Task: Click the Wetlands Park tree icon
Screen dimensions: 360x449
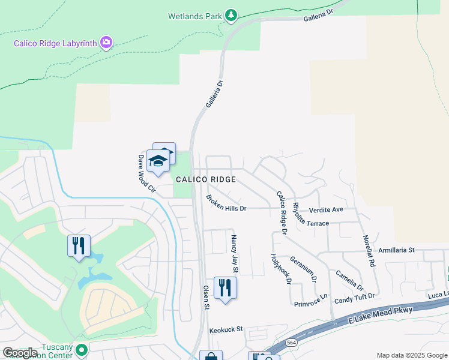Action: tap(231, 15)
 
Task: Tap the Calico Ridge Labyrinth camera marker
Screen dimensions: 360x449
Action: tap(106, 42)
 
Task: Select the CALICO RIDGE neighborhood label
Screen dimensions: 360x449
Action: tap(205, 179)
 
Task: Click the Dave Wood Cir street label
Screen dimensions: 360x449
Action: tap(146, 174)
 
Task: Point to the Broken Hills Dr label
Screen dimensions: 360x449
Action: tap(226, 203)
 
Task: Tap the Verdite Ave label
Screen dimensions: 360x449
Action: tap(326, 210)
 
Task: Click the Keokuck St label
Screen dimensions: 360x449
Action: tap(226, 329)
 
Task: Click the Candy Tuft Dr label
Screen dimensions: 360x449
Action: tap(354, 297)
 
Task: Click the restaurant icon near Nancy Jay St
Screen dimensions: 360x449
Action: tap(225, 287)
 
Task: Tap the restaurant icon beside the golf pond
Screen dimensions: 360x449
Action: tap(79, 246)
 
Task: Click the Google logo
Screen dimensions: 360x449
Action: tap(20, 353)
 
